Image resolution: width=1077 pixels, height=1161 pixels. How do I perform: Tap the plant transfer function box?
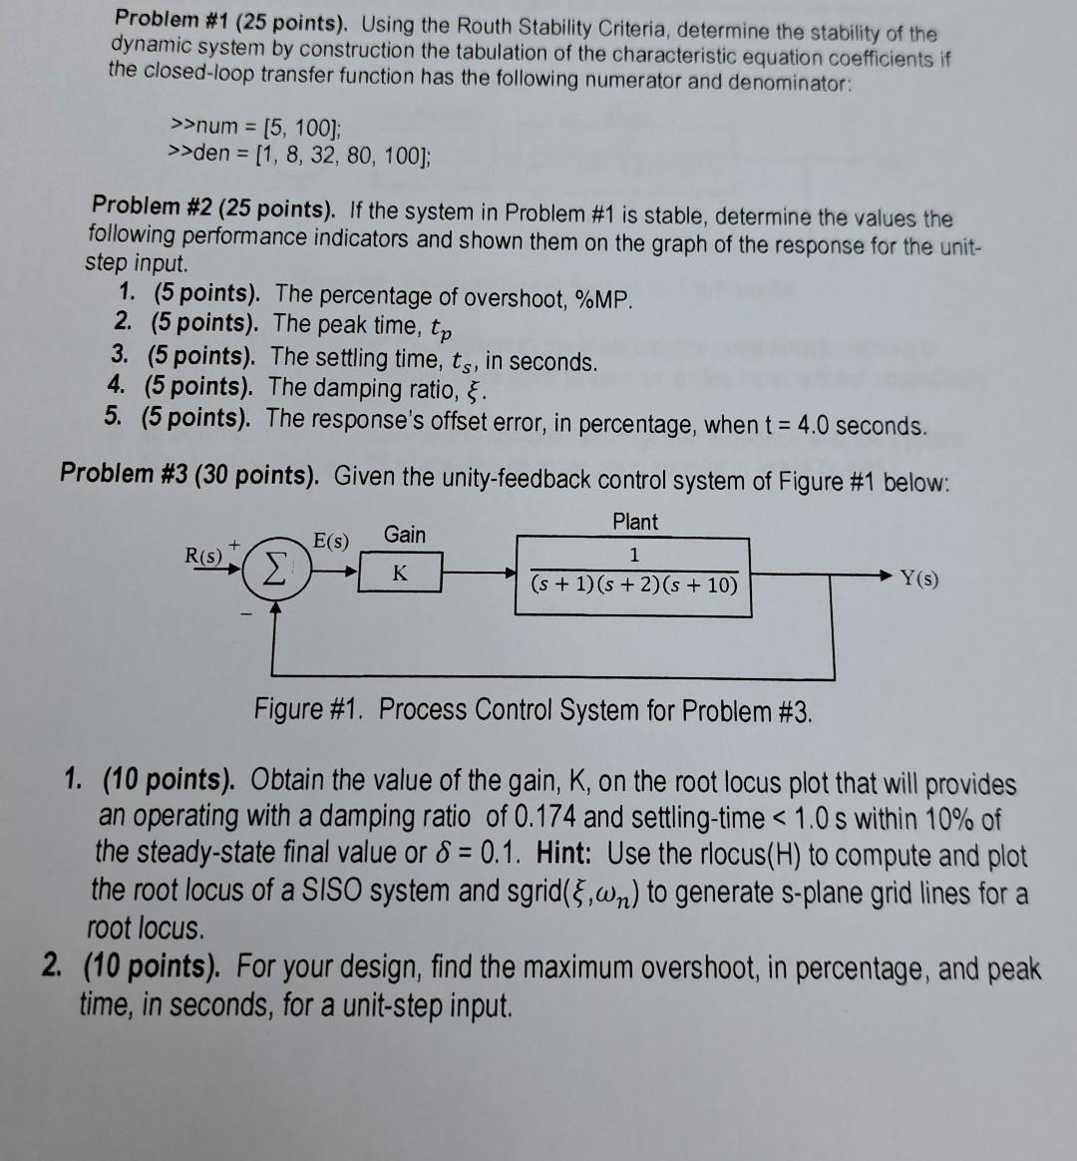633,576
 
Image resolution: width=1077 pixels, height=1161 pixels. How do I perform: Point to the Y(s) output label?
918,579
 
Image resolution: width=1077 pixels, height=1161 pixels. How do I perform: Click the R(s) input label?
204,556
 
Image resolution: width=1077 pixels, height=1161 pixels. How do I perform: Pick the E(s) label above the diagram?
331,542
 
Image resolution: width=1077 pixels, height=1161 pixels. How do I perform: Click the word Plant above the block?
635,522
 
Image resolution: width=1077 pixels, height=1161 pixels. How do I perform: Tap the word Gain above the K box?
404,535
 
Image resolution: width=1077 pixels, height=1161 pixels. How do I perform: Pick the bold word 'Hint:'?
566,855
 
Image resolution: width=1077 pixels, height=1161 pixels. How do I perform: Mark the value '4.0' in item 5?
807,425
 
